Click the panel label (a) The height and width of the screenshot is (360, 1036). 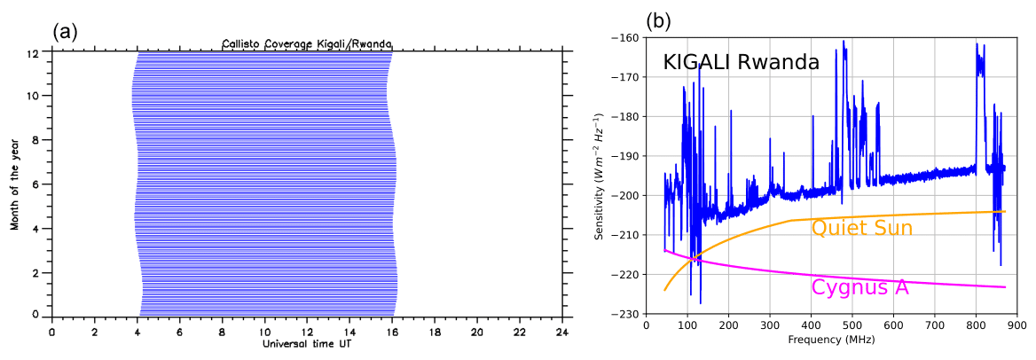pyautogui.click(x=66, y=31)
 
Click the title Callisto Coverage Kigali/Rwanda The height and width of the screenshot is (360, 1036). pyautogui.click(x=307, y=43)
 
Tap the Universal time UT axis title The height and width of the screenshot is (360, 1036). pyautogui.click(x=306, y=343)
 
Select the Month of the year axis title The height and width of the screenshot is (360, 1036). pyautogui.click(x=15, y=182)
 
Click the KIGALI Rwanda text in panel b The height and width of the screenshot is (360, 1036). pyautogui.click(x=741, y=63)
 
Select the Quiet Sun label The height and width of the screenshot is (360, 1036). pyautogui.click(x=861, y=228)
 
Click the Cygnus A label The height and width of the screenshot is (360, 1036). pyautogui.click(x=859, y=287)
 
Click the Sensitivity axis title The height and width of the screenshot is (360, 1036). pyautogui.click(x=600, y=176)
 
